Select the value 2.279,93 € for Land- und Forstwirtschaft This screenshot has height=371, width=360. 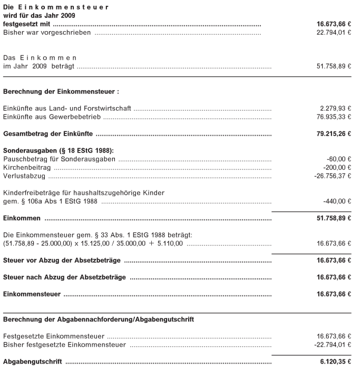[334, 108]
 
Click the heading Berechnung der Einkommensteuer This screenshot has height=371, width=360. [61, 91]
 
